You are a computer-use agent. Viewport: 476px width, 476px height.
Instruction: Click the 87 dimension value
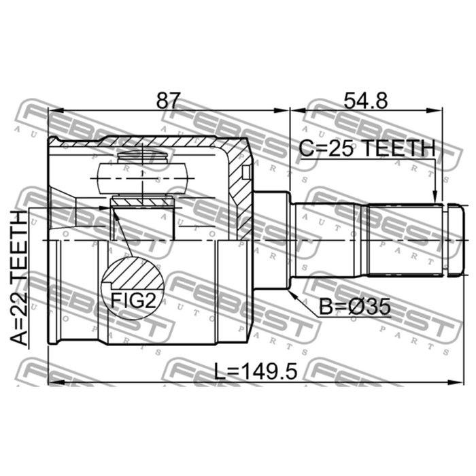coord(168,101)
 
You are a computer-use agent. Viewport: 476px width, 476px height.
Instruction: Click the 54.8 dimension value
coord(366,101)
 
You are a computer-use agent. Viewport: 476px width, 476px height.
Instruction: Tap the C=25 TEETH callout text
coord(367,148)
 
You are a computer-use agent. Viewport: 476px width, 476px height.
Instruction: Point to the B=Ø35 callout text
coord(354,307)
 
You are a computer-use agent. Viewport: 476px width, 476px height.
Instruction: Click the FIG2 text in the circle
coord(133,301)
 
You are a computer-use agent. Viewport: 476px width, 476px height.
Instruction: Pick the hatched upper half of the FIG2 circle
coord(133,273)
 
